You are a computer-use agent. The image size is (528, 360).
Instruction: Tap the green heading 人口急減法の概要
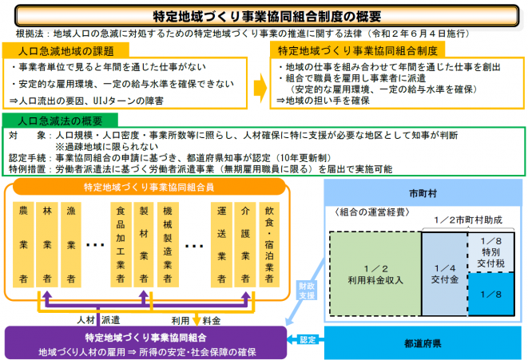pyautogui.click(x=64, y=120)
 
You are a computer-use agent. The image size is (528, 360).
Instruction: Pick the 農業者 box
pyautogui.click(x=24, y=244)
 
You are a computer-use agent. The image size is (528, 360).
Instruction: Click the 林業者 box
pyautogui.click(x=48, y=244)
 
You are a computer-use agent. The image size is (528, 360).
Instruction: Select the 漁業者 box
pyautogui.click(x=72, y=244)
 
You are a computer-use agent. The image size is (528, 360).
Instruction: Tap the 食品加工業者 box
pyautogui.click(x=120, y=244)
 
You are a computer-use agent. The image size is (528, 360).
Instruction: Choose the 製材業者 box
pyautogui.click(x=144, y=244)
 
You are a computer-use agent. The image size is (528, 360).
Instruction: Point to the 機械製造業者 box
pyautogui.click(x=168, y=244)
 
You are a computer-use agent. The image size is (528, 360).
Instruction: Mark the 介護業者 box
pyautogui.click(x=244, y=244)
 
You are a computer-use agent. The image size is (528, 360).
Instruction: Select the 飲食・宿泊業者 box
pyautogui.click(x=268, y=244)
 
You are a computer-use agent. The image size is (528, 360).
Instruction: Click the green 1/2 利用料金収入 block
pyautogui.click(x=375, y=275)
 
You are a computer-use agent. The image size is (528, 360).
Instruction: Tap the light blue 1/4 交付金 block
pyautogui.click(x=443, y=275)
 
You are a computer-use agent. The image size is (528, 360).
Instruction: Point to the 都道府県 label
pyautogui.click(x=423, y=343)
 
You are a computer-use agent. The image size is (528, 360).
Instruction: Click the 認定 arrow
pyautogui.click(x=308, y=340)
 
